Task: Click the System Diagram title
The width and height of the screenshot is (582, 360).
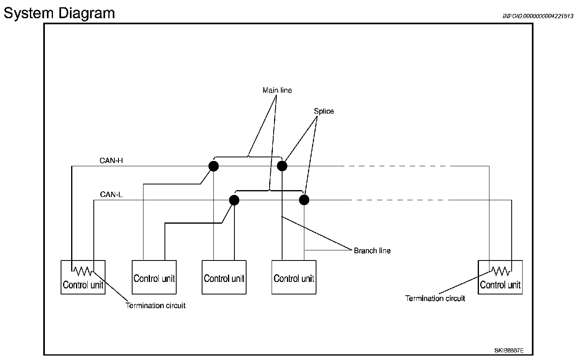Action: point(59,13)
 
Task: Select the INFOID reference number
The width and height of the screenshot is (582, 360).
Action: point(538,16)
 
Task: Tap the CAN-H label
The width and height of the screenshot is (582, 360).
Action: point(111,161)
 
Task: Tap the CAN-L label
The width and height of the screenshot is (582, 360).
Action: point(111,194)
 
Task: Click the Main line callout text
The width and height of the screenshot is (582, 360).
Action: point(277,90)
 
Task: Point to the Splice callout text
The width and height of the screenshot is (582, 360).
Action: point(324,111)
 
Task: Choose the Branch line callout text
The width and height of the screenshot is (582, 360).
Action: point(372,251)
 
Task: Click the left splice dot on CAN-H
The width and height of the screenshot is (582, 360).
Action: point(213,166)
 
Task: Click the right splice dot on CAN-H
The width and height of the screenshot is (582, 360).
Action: point(282,166)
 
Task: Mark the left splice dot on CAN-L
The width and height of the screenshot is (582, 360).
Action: point(234,200)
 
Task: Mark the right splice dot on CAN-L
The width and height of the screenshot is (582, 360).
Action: point(304,200)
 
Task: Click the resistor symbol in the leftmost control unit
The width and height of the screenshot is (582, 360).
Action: point(82,271)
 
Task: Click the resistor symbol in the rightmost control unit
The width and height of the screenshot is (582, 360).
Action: point(500,271)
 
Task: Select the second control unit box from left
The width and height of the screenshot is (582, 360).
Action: point(154,277)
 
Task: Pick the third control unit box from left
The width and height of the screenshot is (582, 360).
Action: point(224,277)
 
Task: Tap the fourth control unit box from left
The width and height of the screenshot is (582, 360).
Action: point(294,277)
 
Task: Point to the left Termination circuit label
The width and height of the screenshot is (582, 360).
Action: point(155,306)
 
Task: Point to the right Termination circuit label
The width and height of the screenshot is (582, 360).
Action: point(435,299)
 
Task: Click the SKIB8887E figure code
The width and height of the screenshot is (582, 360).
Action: point(509,351)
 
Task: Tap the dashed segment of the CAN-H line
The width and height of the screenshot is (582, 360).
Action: point(394,166)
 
